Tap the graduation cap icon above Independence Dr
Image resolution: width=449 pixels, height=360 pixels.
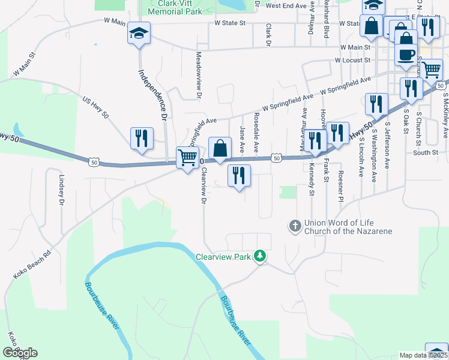pyautogui.click(x=139, y=34)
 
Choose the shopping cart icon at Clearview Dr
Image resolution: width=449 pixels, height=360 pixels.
pyautogui.click(x=187, y=158)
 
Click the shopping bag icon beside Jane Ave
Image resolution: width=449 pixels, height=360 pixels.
pyautogui.click(x=220, y=148)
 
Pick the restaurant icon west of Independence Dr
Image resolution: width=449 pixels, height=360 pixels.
pyautogui.click(x=142, y=139)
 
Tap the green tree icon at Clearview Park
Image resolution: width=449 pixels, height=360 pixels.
pyautogui.click(x=260, y=256)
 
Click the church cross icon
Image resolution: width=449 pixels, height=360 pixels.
pyautogui.click(x=295, y=226)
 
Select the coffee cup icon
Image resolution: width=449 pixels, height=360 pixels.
pyautogui.click(x=405, y=55)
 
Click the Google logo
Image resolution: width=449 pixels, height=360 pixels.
pyautogui.click(x=20, y=353)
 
